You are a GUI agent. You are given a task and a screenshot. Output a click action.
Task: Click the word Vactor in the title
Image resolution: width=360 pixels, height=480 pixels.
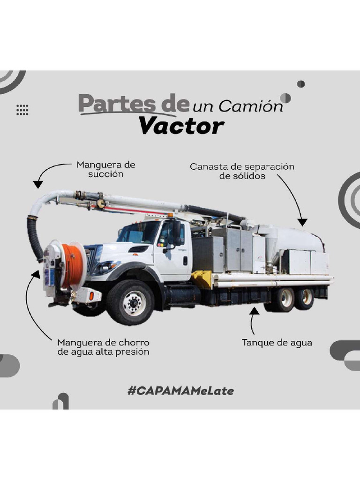coord(182,126)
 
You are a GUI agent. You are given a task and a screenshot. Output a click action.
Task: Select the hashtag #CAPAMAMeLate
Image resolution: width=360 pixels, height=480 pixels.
coord(180,390)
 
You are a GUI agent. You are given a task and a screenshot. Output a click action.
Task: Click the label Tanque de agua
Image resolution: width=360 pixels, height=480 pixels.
coord(277,343)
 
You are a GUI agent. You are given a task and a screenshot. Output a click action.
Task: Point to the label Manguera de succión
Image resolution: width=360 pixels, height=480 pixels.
coord(105,169)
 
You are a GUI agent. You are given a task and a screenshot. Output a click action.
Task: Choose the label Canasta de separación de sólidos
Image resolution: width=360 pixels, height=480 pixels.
coord(242,171)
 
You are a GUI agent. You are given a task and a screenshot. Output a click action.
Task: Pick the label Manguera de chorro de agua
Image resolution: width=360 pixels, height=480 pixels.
coord(103,347)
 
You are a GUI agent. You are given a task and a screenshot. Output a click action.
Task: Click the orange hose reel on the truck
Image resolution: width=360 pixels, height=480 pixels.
coord(74,265)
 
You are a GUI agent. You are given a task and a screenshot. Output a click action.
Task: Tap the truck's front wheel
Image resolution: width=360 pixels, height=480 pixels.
coord(130,302)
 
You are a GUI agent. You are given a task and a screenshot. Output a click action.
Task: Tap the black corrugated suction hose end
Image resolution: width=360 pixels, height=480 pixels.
coord(35,239)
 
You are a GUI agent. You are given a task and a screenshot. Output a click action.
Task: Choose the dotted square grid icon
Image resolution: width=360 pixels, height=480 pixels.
coord(22,110)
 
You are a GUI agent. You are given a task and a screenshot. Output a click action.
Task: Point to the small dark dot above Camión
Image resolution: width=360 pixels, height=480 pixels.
coord(301,84)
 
